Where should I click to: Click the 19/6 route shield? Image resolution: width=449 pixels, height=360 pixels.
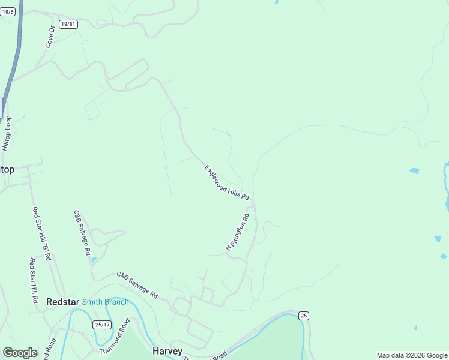click(x=7, y=12)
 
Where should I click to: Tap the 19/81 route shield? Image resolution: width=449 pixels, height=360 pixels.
click(x=68, y=24)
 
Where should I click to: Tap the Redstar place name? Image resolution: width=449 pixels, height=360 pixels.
click(x=62, y=302)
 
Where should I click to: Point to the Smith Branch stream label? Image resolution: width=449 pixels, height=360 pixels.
click(x=105, y=302)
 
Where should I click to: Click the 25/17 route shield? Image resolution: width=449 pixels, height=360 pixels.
click(x=103, y=325)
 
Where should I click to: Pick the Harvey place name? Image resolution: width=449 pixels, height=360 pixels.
click(x=167, y=351)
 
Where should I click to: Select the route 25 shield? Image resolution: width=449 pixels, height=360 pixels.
click(x=304, y=316)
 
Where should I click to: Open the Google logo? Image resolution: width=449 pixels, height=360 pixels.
click(x=20, y=353)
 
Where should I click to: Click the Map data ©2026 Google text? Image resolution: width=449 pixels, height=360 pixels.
click(x=412, y=355)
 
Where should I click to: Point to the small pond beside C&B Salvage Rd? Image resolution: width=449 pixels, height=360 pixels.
click(x=94, y=260)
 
